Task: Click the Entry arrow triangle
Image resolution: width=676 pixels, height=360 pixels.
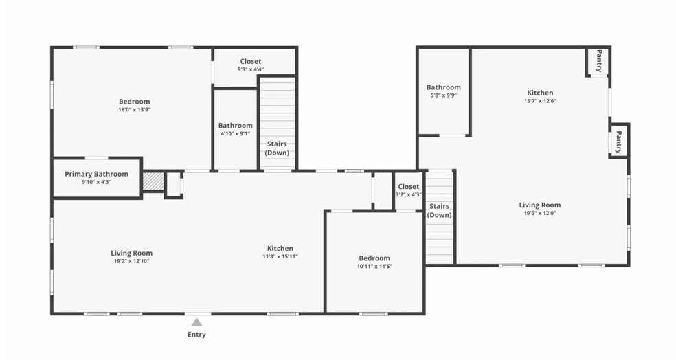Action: [196, 322]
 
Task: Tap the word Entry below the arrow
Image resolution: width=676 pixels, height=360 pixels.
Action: [196, 335]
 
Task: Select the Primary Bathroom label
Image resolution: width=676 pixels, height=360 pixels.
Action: [96, 174]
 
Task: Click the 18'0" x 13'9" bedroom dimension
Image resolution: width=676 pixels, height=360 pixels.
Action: [134, 109]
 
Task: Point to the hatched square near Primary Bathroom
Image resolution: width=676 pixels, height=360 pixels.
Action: [153, 181]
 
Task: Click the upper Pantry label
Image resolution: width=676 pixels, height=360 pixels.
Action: [599, 60]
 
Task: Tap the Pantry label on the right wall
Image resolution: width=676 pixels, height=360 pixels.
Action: [619, 142]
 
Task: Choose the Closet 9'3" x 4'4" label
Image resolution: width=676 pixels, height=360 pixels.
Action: [251, 65]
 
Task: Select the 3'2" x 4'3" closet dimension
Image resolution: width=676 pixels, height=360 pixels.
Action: [408, 194]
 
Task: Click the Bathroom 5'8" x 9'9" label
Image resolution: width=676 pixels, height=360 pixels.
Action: [443, 91]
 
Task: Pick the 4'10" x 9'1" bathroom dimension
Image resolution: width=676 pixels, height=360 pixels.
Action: [236, 133]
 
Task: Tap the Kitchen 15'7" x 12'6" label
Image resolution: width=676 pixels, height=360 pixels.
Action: [540, 96]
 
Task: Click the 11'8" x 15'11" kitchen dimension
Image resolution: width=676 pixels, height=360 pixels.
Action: [280, 256]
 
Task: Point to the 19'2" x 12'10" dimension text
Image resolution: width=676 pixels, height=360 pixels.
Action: [132, 261]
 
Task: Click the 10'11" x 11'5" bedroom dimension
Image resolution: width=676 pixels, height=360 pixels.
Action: [374, 266]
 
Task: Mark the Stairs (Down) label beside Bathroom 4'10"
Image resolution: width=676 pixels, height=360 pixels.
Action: [276, 148]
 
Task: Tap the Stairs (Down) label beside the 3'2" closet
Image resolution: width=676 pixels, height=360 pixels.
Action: [439, 210]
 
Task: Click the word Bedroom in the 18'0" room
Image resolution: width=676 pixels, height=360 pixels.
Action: [134, 102]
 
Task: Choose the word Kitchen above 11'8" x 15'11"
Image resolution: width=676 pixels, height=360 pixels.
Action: [280, 249]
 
